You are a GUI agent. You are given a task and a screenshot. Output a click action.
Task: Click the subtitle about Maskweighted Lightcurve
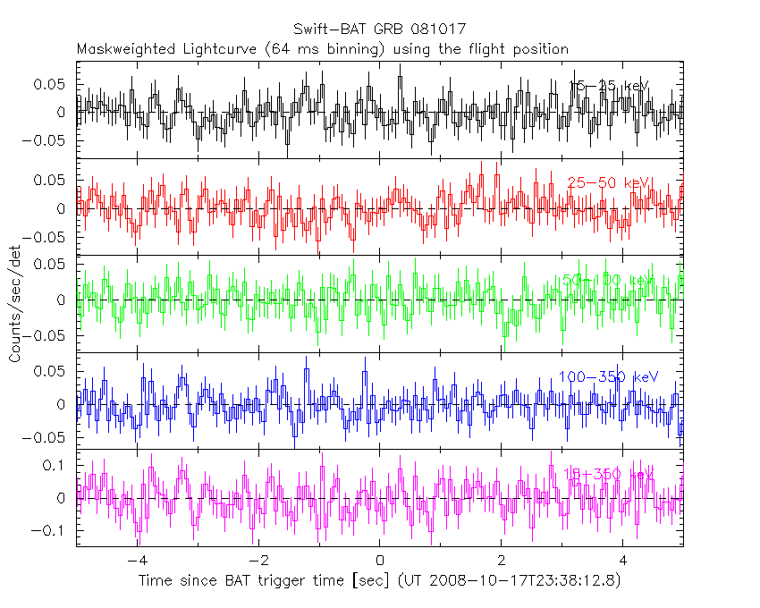(323, 48)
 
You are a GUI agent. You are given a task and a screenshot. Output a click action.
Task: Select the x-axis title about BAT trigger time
(379, 581)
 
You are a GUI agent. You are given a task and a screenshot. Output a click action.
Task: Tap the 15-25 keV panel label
(608, 86)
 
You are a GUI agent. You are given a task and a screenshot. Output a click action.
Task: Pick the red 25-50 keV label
(608, 182)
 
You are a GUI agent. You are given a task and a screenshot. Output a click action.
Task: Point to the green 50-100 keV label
(608, 280)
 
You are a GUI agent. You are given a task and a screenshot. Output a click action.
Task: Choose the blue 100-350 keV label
(608, 376)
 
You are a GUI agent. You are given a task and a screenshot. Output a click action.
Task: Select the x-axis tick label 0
(380, 561)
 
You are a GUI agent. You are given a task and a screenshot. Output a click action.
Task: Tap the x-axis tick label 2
(502, 561)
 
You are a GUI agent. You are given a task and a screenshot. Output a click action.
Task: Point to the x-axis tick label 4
(623, 561)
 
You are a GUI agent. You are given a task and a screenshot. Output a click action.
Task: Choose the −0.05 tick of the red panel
(49, 238)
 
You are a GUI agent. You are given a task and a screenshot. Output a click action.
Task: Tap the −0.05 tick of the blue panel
(49, 438)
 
